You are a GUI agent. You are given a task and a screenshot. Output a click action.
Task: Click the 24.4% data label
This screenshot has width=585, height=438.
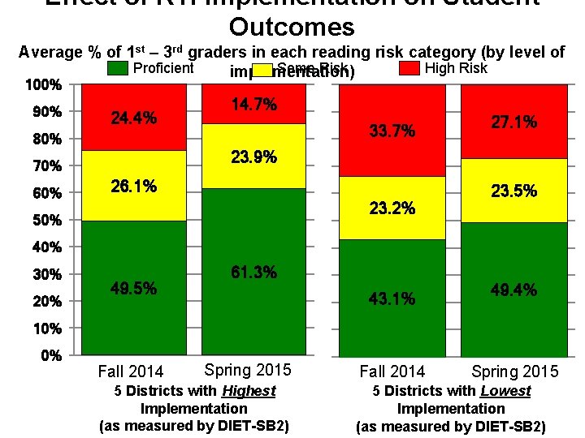(x=134, y=118)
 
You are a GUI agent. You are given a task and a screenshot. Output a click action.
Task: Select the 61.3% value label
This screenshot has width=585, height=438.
(x=253, y=273)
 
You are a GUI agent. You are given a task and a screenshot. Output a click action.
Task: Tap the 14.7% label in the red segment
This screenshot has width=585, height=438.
(x=253, y=105)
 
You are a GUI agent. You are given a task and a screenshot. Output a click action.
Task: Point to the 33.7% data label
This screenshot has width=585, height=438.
(x=392, y=131)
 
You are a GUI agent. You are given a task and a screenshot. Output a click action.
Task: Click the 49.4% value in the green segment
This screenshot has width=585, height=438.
(x=513, y=290)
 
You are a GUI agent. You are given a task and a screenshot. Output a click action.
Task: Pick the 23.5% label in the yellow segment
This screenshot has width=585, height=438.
(x=513, y=191)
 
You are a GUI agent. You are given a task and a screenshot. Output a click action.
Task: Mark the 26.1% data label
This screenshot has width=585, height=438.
(x=134, y=187)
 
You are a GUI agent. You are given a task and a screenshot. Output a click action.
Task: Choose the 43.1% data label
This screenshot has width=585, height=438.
(x=392, y=299)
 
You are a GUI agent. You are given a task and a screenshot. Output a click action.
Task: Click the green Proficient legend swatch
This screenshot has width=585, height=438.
(x=118, y=69)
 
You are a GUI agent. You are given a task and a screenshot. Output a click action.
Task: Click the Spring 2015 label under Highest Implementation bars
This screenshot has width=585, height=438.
(x=248, y=371)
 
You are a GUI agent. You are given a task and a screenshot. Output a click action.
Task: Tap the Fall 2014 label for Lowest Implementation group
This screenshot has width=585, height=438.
(x=392, y=371)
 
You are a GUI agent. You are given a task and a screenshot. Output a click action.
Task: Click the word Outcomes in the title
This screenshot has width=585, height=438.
(x=292, y=27)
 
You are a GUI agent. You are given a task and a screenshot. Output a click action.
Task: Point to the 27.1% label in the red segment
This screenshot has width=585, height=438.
(x=513, y=122)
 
